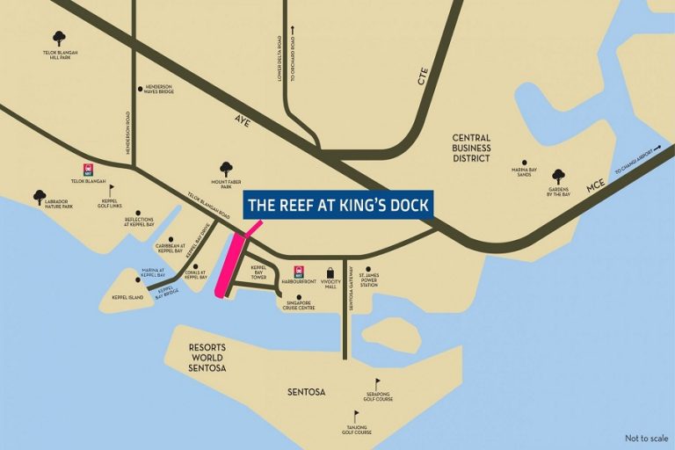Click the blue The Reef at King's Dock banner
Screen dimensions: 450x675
(x=337, y=206)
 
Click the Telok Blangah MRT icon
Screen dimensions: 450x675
(x=88, y=169)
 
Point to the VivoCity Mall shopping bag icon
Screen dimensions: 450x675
(x=330, y=272)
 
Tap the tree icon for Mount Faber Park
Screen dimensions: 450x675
(x=226, y=167)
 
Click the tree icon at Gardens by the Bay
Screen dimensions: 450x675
(x=558, y=176)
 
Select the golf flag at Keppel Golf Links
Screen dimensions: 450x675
(x=112, y=190)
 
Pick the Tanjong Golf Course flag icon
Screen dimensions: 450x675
(x=356, y=416)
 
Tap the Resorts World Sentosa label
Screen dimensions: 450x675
(x=207, y=358)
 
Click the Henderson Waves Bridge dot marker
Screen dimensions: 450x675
(x=141, y=88)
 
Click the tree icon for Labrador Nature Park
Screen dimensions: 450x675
(x=39, y=197)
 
